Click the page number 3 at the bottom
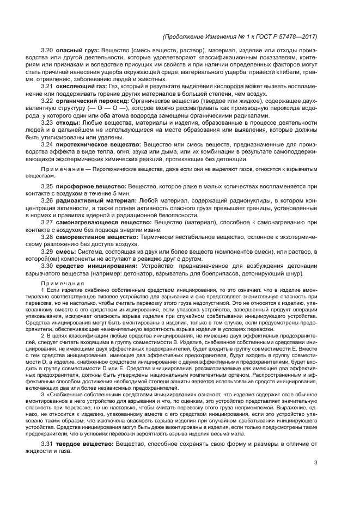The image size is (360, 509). point(315,463)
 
